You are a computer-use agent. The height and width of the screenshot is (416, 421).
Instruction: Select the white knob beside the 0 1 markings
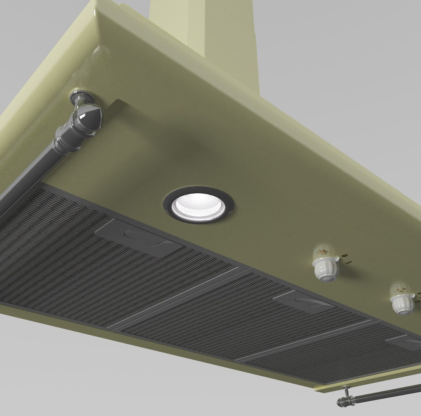[x=326, y=269]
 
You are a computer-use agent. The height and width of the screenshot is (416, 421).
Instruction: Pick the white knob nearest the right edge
[x=401, y=303]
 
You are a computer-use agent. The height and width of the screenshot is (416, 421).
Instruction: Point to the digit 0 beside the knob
[x=344, y=255]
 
